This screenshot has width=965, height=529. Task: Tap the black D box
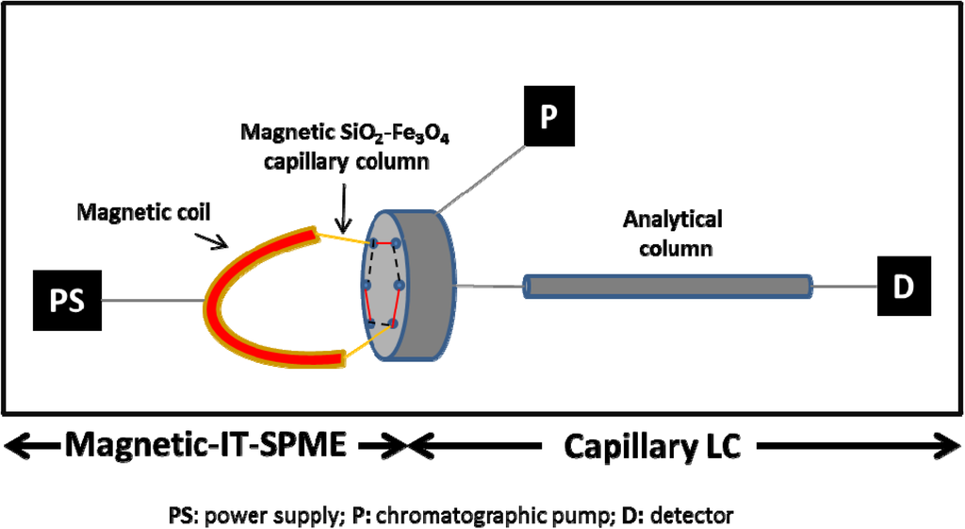click(x=904, y=286)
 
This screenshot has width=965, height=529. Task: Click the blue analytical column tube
click(x=667, y=287)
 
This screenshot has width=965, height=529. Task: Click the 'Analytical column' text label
click(x=672, y=233)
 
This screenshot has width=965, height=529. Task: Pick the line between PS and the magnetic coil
click(x=152, y=301)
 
